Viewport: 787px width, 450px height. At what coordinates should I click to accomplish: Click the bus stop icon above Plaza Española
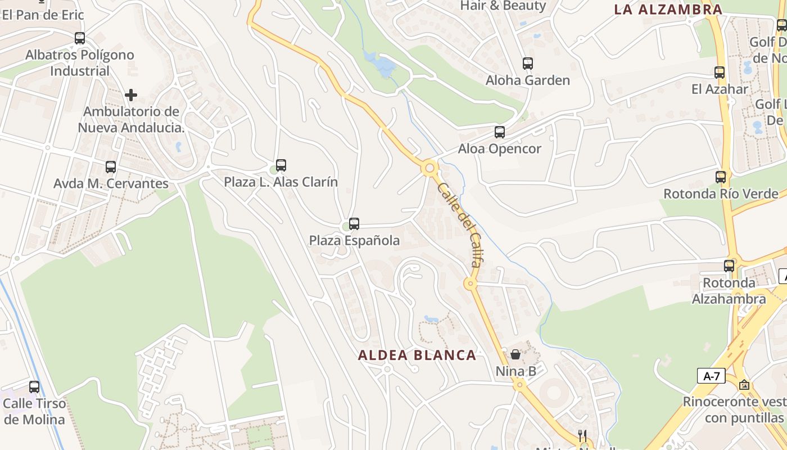[x=354, y=224]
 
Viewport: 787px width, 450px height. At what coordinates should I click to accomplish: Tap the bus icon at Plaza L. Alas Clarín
[x=281, y=165]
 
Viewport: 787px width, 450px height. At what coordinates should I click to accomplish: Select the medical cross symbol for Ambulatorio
[x=131, y=95]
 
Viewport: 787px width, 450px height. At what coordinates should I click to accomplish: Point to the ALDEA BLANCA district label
[x=417, y=355]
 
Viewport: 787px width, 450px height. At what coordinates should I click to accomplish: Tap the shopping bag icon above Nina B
[x=515, y=354]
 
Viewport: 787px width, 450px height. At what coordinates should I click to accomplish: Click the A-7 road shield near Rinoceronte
[x=711, y=376]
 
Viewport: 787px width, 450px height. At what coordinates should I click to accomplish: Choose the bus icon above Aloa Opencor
[x=499, y=132]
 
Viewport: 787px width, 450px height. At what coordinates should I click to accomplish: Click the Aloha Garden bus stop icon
[x=527, y=64]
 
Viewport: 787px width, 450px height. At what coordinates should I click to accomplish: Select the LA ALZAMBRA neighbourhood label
[x=668, y=9]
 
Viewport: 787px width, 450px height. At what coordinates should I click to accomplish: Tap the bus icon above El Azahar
[x=719, y=73]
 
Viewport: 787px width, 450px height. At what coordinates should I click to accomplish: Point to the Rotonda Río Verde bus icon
[x=721, y=177]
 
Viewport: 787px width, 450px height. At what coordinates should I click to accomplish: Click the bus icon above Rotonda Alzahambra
[x=729, y=266]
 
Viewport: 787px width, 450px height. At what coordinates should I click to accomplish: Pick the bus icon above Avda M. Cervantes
[x=111, y=167]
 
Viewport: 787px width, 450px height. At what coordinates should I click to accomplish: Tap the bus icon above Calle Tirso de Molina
[x=34, y=387]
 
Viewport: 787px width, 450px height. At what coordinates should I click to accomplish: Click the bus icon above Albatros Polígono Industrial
[x=80, y=38]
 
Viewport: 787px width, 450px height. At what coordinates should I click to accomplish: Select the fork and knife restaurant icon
[x=582, y=436]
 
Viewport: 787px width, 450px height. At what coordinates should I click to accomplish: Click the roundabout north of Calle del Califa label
[x=430, y=168]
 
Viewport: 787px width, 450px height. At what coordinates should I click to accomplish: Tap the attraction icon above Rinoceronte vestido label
[x=744, y=385]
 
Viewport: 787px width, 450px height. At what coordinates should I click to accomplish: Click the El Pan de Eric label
[x=43, y=15]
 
